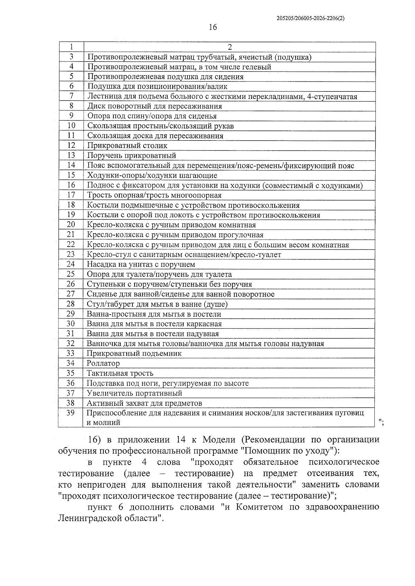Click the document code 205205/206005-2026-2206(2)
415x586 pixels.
(x=311, y=19)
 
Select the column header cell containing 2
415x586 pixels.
(x=230, y=47)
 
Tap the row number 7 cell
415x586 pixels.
(x=71, y=96)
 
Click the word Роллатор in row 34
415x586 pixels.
(x=103, y=363)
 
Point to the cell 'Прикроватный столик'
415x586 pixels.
(x=127, y=146)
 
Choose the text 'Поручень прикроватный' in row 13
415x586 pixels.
(x=131, y=155)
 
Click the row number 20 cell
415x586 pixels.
(x=71, y=225)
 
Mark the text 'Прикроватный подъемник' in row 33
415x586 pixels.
(x=134, y=353)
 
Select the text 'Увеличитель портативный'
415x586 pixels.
(x=134, y=393)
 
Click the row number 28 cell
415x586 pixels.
(x=71, y=304)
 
